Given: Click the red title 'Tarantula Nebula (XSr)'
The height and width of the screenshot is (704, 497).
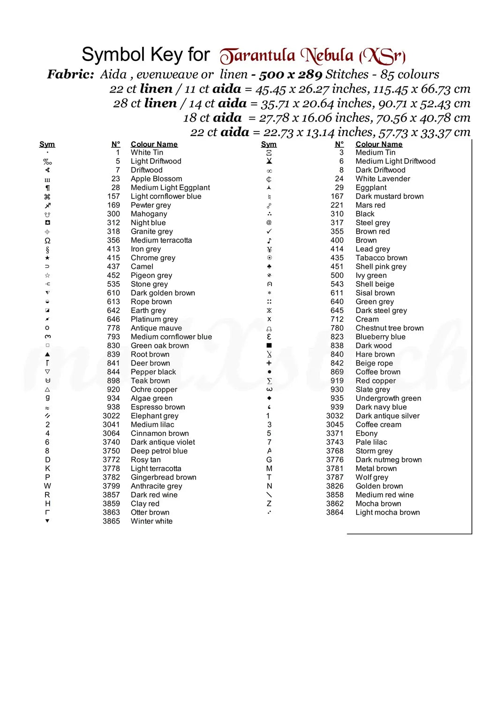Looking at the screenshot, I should (x=313, y=56).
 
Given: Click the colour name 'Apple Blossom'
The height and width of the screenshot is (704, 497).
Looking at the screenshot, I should (x=156, y=179).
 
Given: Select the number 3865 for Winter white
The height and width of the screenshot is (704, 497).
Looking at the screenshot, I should (x=111, y=521).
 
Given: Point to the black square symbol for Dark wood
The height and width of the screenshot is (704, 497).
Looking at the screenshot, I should (x=269, y=345).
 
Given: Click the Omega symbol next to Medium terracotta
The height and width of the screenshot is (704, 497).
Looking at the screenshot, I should (x=47, y=240).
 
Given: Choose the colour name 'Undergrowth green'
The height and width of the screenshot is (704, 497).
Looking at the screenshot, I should (x=388, y=398).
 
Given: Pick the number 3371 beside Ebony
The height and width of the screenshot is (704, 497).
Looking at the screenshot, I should (x=335, y=434).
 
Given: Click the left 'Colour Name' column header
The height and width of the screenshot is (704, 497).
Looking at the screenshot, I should (x=154, y=145).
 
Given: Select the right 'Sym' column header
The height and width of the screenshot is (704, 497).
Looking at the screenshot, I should (x=269, y=145).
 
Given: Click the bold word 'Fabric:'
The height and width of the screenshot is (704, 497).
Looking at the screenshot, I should (x=71, y=74).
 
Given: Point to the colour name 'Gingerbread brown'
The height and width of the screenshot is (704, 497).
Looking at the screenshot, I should (x=163, y=477).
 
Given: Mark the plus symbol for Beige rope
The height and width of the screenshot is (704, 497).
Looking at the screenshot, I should (x=269, y=363).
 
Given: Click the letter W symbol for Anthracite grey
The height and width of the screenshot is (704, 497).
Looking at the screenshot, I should (x=47, y=486).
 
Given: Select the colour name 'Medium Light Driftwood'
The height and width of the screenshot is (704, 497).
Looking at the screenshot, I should (x=395, y=161).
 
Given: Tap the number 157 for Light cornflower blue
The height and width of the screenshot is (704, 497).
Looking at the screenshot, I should (x=113, y=197).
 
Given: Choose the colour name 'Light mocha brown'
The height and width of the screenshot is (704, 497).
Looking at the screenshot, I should (x=387, y=513).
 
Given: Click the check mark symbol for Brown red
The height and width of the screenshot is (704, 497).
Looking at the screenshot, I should (x=269, y=231).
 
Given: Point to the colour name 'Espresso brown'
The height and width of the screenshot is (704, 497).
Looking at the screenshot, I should (x=158, y=407).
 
